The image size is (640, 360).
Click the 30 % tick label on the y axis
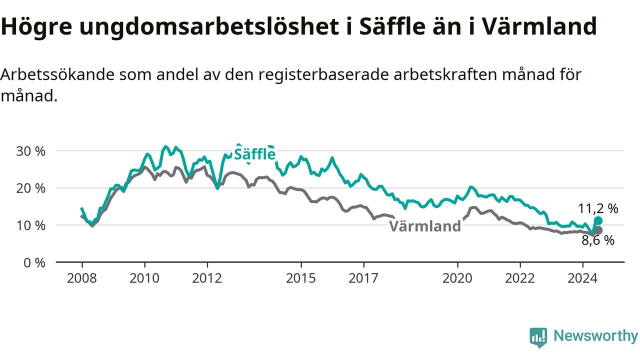(30, 151)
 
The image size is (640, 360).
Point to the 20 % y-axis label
(30, 188)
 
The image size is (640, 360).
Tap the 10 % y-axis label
(30, 225)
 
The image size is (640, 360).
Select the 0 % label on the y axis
(34, 262)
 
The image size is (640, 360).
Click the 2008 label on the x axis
(81, 278)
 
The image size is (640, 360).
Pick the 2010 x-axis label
(144, 278)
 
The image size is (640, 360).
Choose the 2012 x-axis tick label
(207, 278)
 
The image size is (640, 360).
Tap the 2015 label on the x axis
(301, 278)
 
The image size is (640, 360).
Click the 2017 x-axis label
(363, 278)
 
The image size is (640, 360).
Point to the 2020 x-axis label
(457, 278)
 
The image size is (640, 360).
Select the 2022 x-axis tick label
(520, 278)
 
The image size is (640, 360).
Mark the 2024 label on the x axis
(582, 278)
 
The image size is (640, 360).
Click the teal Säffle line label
(254, 154)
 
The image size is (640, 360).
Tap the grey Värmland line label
(425, 226)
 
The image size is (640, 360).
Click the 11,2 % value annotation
(598, 208)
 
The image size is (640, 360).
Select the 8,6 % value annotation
(598, 240)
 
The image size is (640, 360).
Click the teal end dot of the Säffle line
(598, 220)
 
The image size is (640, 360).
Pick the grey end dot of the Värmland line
(598, 230)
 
